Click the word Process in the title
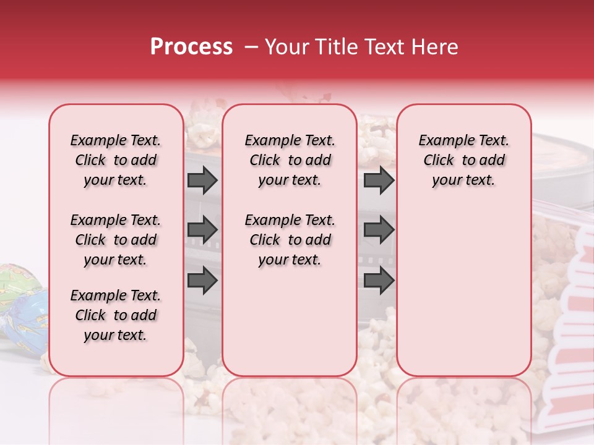point(191,47)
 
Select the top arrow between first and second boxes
point(202,180)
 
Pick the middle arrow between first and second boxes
point(202,231)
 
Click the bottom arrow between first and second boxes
point(202,280)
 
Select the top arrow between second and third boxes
point(379,180)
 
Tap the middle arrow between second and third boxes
point(379,231)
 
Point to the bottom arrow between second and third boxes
point(379,280)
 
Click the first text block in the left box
point(116,160)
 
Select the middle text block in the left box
point(116,240)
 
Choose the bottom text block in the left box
point(116,315)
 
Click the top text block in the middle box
point(290,160)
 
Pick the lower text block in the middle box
point(290,240)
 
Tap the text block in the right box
point(464,160)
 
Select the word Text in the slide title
point(385,47)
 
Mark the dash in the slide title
point(251,47)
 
